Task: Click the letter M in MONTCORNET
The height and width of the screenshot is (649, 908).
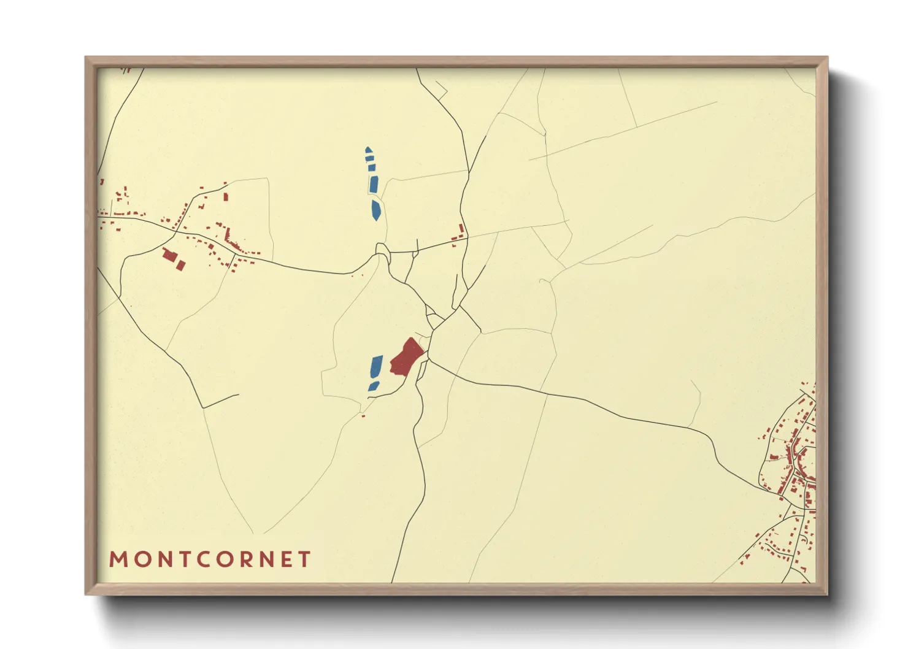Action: pos(118,559)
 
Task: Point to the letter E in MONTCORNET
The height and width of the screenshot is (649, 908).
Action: pos(287,559)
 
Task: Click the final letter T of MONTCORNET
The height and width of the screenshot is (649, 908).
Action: pos(304,559)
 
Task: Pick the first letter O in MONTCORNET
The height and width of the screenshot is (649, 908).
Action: pos(140,559)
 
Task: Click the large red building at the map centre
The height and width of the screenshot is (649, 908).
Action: pos(406,356)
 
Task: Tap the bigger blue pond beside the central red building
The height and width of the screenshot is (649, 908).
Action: pos(375,367)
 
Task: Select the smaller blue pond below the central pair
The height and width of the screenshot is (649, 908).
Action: pos(373,386)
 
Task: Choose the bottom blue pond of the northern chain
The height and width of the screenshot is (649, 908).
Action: pos(375,210)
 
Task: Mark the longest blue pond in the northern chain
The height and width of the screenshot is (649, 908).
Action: pos(373,184)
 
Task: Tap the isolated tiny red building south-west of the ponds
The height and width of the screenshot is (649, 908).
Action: pos(363,417)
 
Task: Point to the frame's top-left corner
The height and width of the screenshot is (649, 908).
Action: pos(85,57)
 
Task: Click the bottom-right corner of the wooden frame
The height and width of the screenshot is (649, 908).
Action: pos(828,594)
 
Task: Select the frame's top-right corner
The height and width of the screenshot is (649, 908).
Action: pos(828,57)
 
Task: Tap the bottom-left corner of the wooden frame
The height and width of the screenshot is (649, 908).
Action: pos(85,594)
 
